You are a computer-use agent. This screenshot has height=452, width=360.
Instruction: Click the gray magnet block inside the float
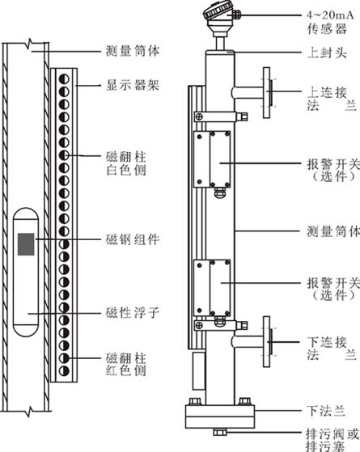(x=26, y=244)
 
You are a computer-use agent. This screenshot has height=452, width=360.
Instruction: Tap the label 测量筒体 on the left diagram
(x=133, y=51)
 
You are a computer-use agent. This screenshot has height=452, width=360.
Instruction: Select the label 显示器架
(x=133, y=85)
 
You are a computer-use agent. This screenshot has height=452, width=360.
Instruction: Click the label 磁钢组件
(x=133, y=239)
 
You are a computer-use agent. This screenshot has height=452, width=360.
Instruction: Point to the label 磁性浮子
(x=133, y=312)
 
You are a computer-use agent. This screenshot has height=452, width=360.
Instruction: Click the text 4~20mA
(x=330, y=15)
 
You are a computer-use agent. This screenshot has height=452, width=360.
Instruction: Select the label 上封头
(x=327, y=53)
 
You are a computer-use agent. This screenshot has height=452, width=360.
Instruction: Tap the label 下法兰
(x=326, y=411)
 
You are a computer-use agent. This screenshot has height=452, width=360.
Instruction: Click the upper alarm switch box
(x=212, y=159)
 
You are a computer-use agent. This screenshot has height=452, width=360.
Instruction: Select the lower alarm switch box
(x=212, y=288)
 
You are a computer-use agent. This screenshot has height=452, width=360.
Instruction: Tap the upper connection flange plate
(x=266, y=92)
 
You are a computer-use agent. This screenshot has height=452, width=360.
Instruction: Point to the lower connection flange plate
(x=266, y=341)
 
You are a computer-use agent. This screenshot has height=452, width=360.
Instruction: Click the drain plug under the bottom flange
(x=220, y=432)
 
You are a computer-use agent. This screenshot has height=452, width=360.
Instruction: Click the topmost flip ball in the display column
(x=64, y=78)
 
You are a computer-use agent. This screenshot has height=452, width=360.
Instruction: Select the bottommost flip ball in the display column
(x=64, y=370)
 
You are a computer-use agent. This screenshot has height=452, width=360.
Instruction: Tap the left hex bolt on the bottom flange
(x=195, y=402)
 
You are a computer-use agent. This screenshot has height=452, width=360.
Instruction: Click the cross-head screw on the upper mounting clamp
(x=199, y=116)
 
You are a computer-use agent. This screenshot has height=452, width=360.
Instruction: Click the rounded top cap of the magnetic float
(x=26, y=214)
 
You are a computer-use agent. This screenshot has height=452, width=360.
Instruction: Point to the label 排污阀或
(x=332, y=434)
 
